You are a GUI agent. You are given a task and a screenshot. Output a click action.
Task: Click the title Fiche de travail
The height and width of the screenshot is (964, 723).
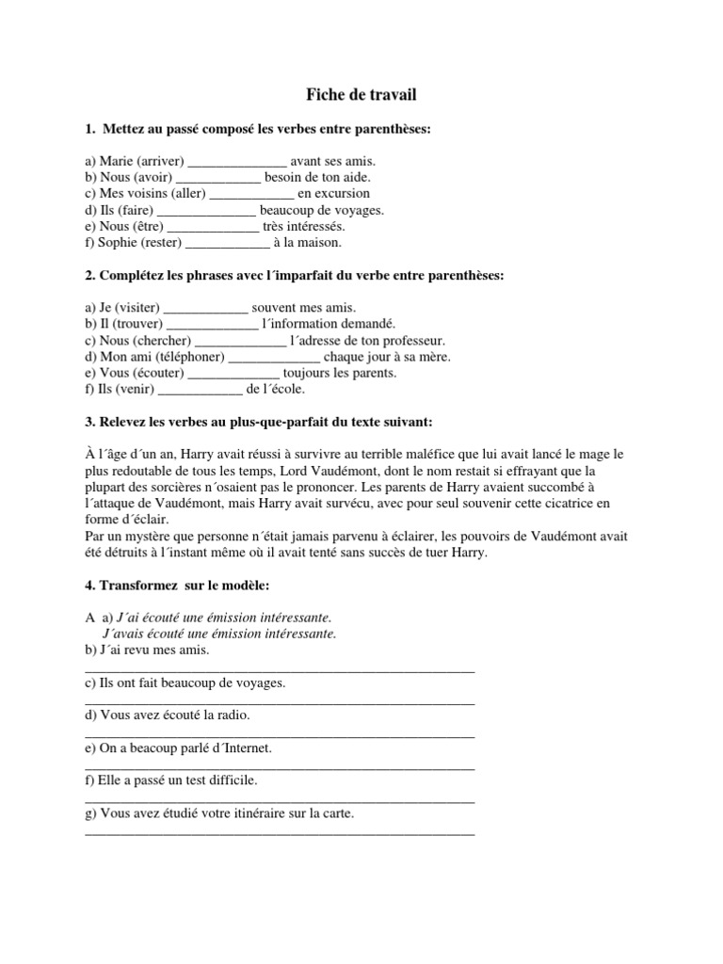coord(361,94)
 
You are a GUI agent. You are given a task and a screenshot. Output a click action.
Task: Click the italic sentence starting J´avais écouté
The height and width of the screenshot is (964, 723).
coord(218,634)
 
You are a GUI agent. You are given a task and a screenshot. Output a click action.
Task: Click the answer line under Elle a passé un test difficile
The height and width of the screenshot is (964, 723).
coord(280,800)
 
